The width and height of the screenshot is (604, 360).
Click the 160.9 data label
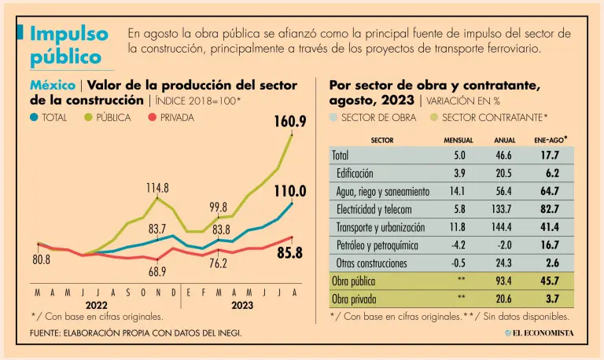(x=290, y=122)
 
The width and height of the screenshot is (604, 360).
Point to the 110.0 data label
(x=290, y=191)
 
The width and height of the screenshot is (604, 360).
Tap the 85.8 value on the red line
(x=289, y=253)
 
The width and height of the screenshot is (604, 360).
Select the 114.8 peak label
(x=157, y=188)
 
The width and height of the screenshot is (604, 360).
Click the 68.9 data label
(x=157, y=271)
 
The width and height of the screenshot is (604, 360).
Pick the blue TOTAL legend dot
(x=34, y=118)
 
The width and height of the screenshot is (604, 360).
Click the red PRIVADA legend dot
(x=153, y=118)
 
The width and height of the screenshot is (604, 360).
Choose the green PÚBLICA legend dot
(x=87, y=118)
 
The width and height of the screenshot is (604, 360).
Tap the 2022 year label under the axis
(x=97, y=305)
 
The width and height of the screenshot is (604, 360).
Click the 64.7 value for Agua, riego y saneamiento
(x=551, y=191)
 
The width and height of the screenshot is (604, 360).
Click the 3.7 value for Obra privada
(x=554, y=299)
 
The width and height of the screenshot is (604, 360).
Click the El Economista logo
(x=540, y=333)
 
